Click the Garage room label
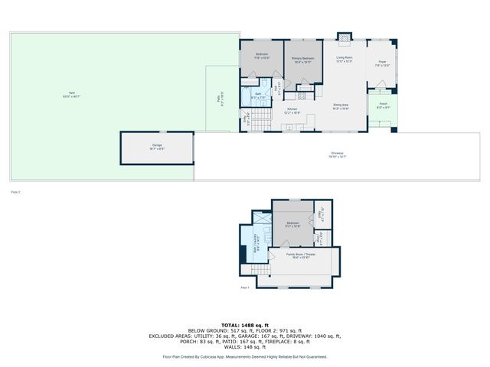point(156,145)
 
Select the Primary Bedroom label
point(303,60)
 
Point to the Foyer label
point(382,64)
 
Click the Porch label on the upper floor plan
point(383,106)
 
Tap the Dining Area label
point(341,107)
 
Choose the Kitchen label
point(292,112)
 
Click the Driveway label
point(337,154)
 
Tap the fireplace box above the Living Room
point(345,37)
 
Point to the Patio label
point(222,98)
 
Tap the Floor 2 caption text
point(15,192)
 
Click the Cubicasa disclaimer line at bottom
point(245,356)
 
